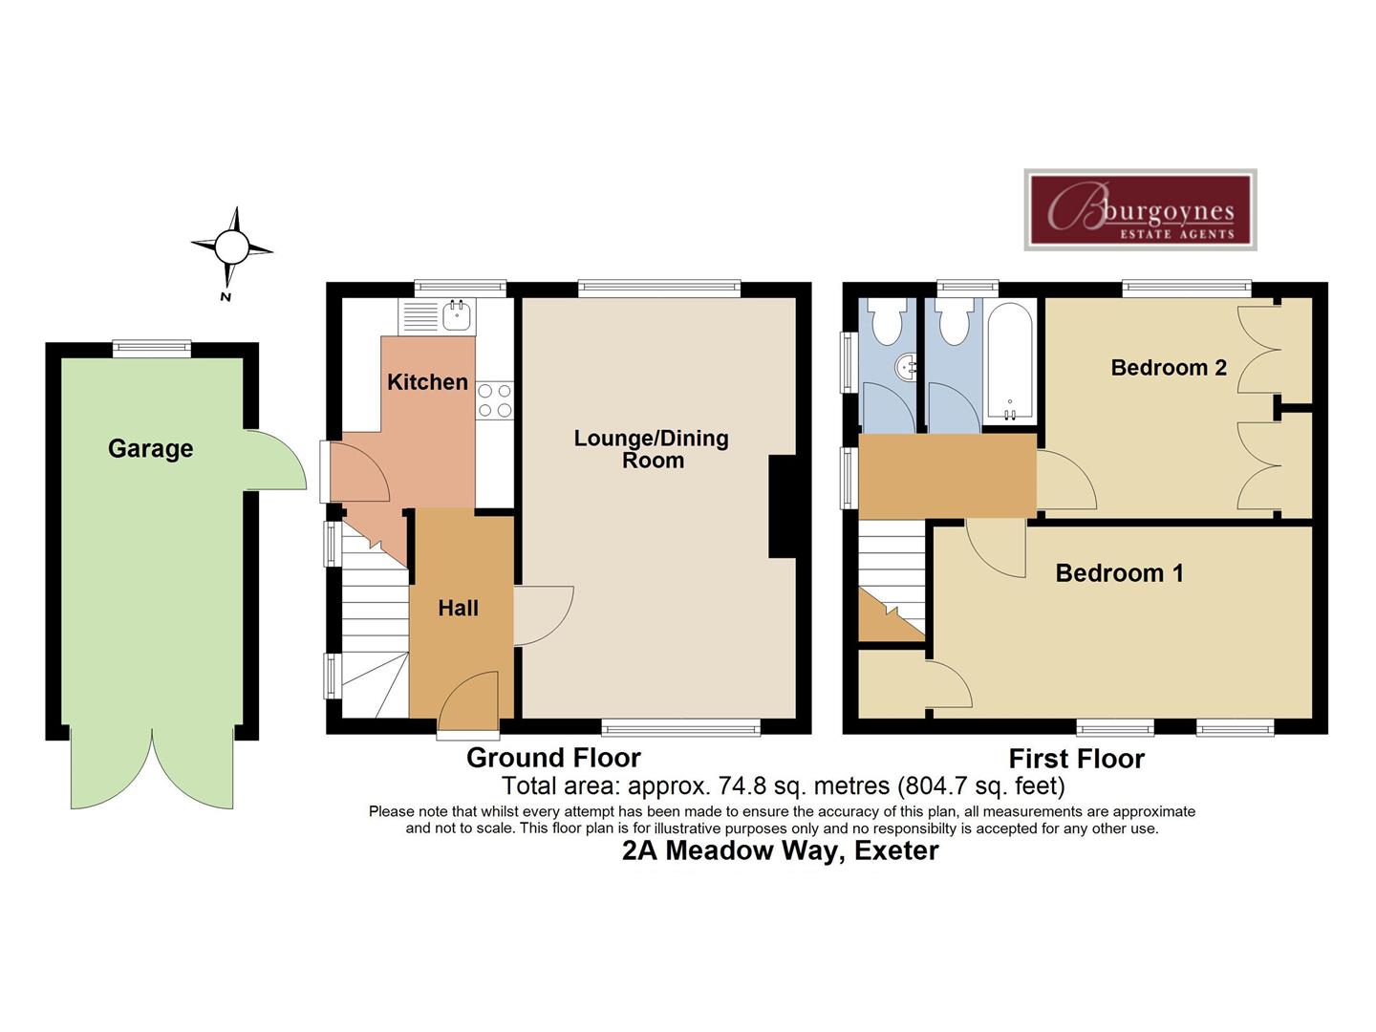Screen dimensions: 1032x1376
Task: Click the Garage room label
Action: pyautogui.click(x=150, y=448)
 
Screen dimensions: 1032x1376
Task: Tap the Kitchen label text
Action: pyautogui.click(x=427, y=382)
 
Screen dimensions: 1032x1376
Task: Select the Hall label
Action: pyautogui.click(x=458, y=608)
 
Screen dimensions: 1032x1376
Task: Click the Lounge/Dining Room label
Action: pyautogui.click(x=652, y=449)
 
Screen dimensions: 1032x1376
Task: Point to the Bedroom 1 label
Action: pyautogui.click(x=1119, y=573)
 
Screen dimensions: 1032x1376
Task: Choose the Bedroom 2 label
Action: pyautogui.click(x=1168, y=368)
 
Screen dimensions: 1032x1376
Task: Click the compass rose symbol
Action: pyautogui.click(x=230, y=247)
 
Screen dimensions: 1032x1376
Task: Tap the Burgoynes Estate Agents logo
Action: pyautogui.click(x=1140, y=210)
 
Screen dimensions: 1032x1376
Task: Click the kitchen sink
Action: pyautogui.click(x=458, y=313)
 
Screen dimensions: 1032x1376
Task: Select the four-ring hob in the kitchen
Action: pyautogui.click(x=494, y=399)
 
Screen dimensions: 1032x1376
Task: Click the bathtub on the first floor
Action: pyautogui.click(x=1010, y=361)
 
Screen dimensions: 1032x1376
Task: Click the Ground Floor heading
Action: pyautogui.click(x=553, y=758)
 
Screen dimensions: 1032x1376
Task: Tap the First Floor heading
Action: pyautogui.click(x=1076, y=759)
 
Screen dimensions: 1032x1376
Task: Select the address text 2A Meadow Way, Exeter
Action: pyautogui.click(x=780, y=850)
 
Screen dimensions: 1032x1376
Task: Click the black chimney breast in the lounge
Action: pyautogui.click(x=783, y=506)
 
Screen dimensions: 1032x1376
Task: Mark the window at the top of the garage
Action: pyautogui.click(x=151, y=349)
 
